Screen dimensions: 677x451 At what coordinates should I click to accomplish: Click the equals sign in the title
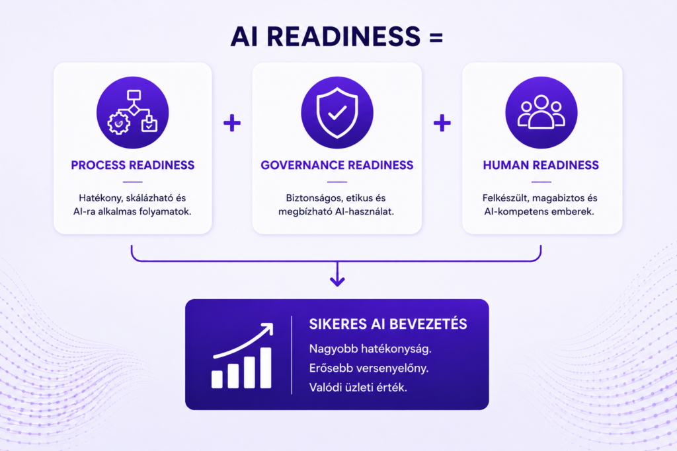pyautogui.click(x=436, y=38)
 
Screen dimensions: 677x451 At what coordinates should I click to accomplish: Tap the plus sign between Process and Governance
pyautogui.click(x=232, y=123)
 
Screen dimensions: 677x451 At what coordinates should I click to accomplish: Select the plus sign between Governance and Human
pyautogui.click(x=442, y=123)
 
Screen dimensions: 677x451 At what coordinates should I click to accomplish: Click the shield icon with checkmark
pyautogui.click(x=337, y=112)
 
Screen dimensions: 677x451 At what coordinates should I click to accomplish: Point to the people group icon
pyautogui.click(x=541, y=112)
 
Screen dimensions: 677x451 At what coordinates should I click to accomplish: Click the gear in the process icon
pyautogui.click(x=119, y=123)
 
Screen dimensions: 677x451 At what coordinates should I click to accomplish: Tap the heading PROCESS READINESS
pyautogui.click(x=132, y=165)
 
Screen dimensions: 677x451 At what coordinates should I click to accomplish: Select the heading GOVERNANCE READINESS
pyautogui.click(x=337, y=165)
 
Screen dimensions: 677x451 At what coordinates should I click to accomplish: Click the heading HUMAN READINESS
pyautogui.click(x=541, y=165)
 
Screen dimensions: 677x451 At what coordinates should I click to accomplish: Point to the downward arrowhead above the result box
pyautogui.click(x=337, y=281)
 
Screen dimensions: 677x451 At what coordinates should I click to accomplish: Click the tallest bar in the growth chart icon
pyautogui.click(x=266, y=368)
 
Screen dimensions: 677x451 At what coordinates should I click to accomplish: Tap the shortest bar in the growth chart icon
pyautogui.click(x=217, y=380)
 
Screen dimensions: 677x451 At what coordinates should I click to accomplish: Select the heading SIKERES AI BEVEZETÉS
pyautogui.click(x=387, y=324)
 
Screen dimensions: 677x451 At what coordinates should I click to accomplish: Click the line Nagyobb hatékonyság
pyautogui.click(x=370, y=349)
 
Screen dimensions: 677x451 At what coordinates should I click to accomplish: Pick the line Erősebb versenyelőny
pyautogui.click(x=369, y=368)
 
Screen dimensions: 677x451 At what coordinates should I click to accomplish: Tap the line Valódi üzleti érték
pyautogui.click(x=358, y=387)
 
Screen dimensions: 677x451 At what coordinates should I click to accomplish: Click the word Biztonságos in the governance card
pyautogui.click(x=314, y=198)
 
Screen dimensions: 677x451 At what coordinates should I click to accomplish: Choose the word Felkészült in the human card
pyautogui.click(x=505, y=198)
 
